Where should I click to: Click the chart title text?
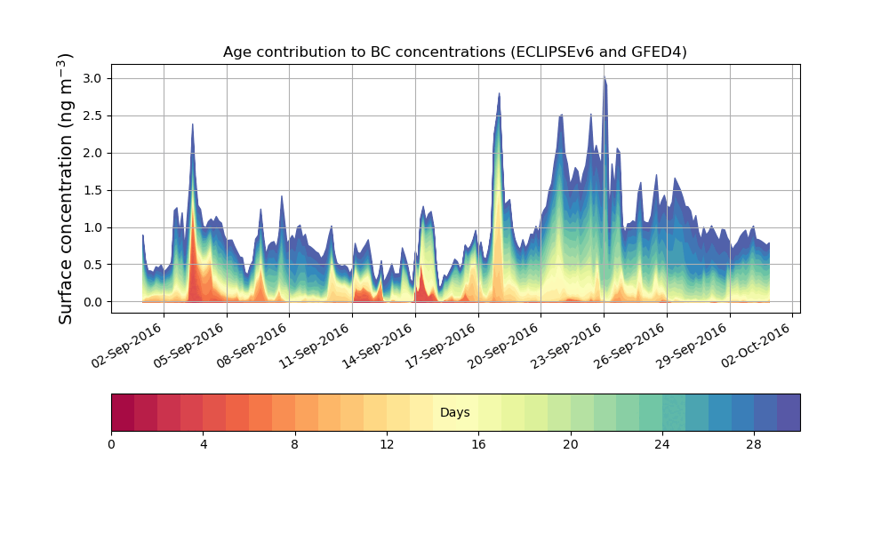click(454, 52)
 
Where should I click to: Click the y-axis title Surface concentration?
click(66, 188)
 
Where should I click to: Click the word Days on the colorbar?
click(454, 413)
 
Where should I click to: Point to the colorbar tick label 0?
click(111, 444)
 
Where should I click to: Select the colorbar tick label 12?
click(387, 444)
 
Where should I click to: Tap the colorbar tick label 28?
click(754, 444)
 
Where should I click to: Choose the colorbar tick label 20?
click(570, 444)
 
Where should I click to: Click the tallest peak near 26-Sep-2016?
click(605, 77)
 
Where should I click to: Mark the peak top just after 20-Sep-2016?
click(499, 94)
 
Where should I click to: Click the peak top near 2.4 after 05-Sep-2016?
click(192, 125)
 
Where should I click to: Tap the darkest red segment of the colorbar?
click(123, 412)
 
